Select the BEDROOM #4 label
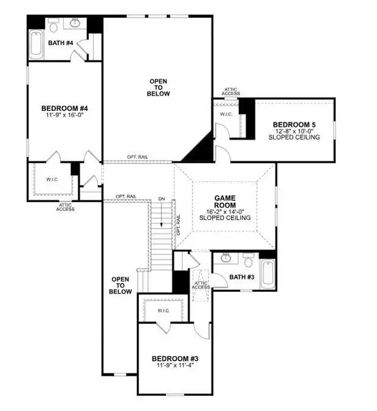[64, 108]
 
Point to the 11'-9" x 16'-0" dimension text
[64, 116]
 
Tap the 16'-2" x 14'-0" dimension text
[225, 212]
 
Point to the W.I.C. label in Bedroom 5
[226, 114]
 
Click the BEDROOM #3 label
[175, 359]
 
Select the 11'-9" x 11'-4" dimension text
[175, 366]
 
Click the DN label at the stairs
[161, 199]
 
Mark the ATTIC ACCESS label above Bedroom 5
[231, 91]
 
